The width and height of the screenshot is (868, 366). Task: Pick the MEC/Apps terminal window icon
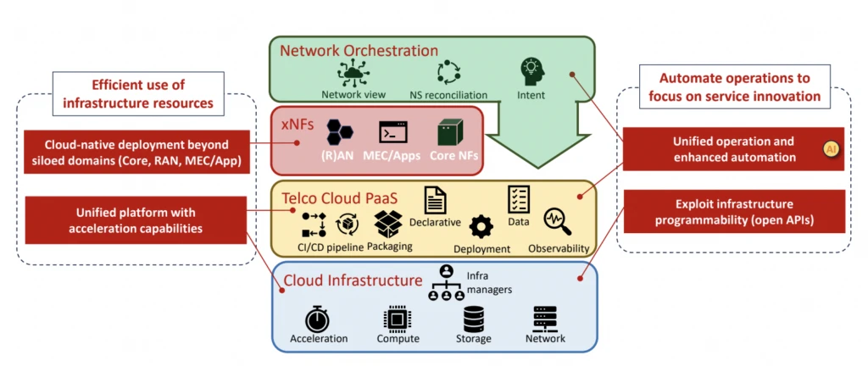pos(392,132)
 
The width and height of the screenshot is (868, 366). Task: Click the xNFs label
pos(298,124)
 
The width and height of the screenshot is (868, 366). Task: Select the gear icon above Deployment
pos(481,226)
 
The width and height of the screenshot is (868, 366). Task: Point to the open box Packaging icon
pos(390,224)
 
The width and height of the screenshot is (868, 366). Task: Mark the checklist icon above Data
pos(519,199)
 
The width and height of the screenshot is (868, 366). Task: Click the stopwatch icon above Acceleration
pos(318,319)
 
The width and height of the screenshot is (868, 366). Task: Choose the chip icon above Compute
pos(398,319)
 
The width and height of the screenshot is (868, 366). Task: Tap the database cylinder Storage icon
pos(473,319)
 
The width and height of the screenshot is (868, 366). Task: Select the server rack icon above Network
pos(544,319)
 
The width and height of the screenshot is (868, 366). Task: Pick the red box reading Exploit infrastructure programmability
pos(733,212)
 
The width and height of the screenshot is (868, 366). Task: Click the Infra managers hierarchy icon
pos(446,283)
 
